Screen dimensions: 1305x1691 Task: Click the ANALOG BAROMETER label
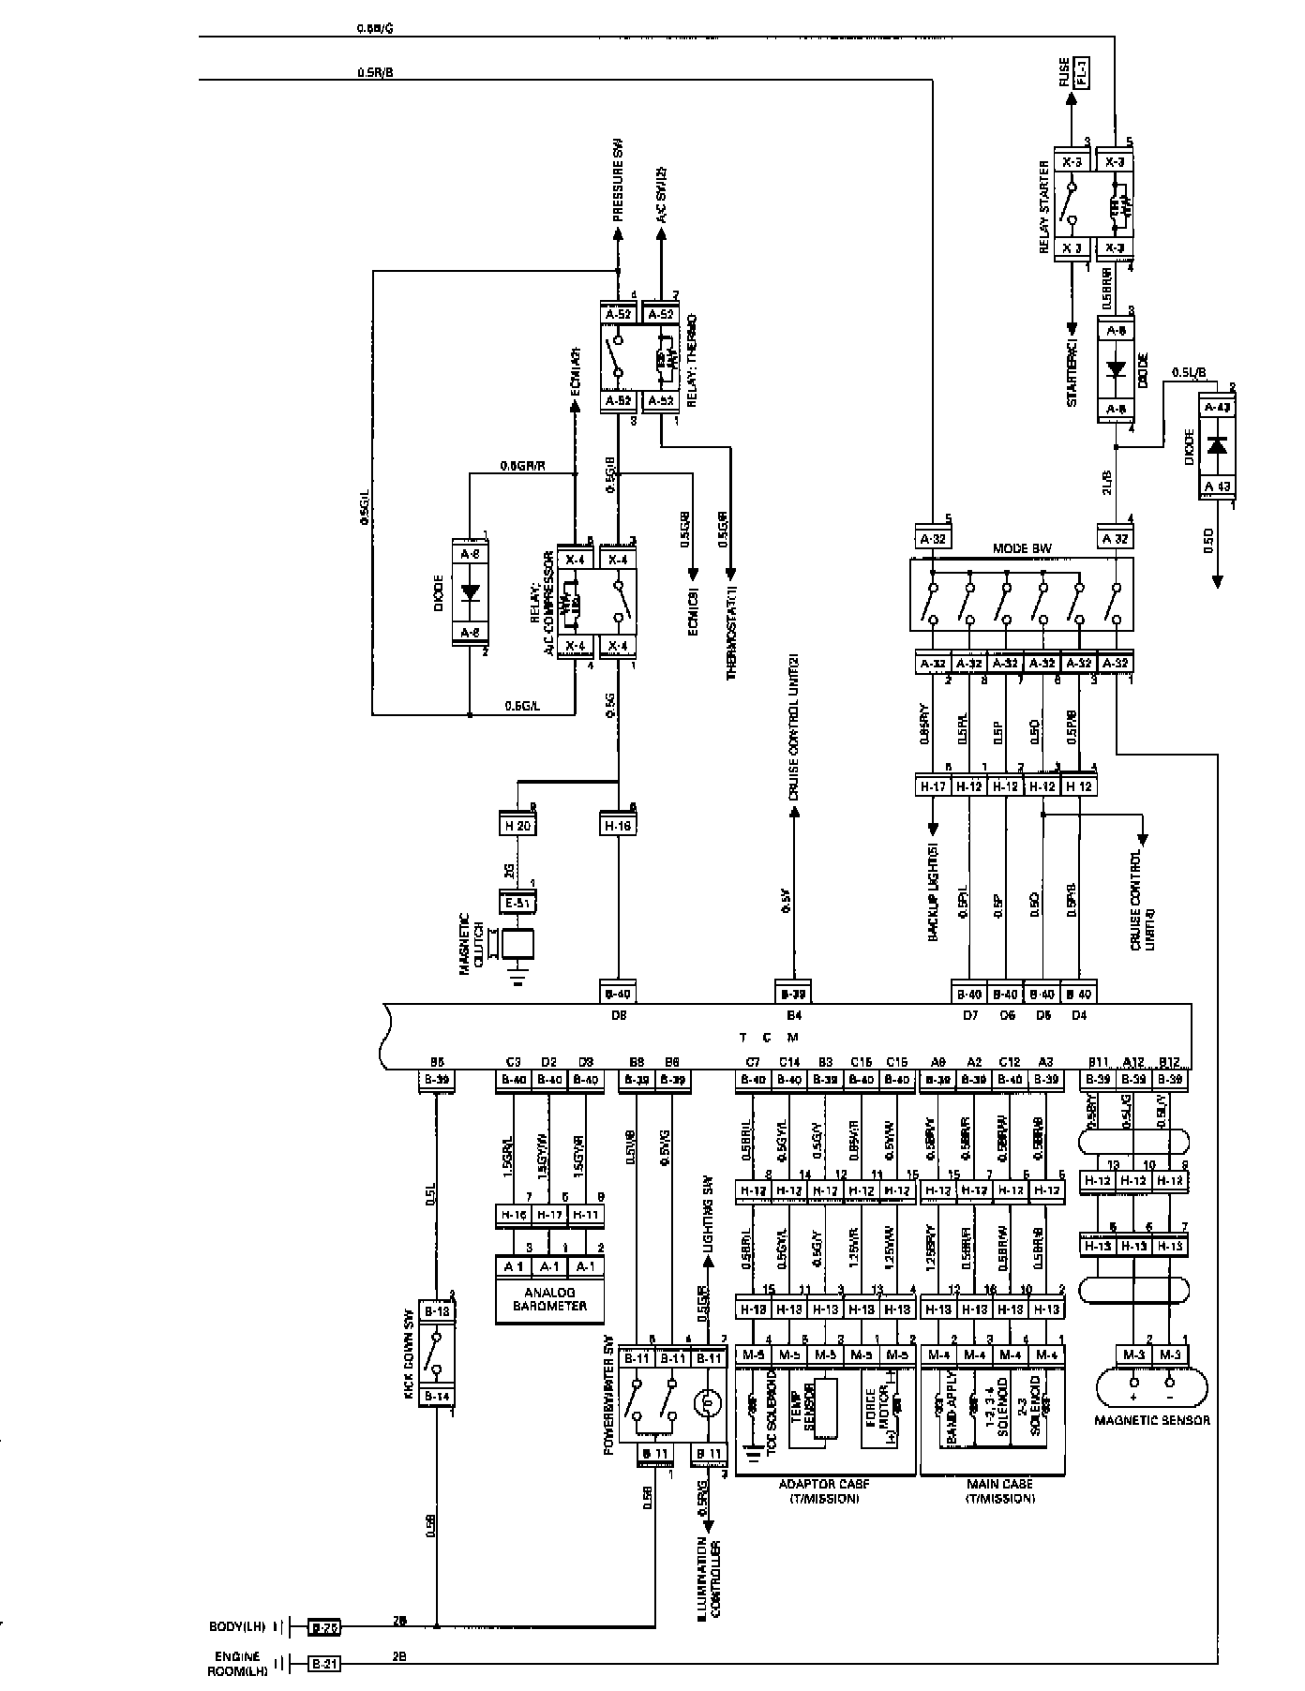click(549, 1298)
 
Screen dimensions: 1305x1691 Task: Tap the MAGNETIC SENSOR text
click(1151, 1419)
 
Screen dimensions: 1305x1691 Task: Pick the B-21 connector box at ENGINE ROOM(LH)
click(325, 1663)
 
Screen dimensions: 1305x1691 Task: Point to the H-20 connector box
click(516, 826)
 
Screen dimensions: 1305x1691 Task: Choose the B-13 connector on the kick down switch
click(436, 1311)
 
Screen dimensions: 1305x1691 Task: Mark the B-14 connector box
click(436, 1396)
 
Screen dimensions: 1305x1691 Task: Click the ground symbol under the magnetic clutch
click(516, 980)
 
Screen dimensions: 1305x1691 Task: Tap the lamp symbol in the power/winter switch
click(709, 1402)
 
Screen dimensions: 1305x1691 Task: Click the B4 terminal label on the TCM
click(793, 1014)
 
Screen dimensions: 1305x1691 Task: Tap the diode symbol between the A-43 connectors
click(1218, 444)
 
